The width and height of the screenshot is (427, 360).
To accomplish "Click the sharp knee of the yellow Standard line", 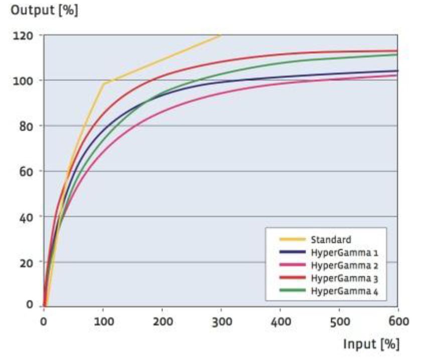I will (x=103, y=83).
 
